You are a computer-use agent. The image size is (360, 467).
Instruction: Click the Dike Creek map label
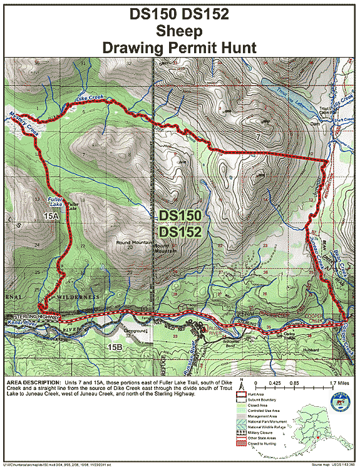coord(88,98)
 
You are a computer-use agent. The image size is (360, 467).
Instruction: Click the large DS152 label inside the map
coord(180,232)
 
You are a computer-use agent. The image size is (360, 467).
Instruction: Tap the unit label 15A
coord(51,215)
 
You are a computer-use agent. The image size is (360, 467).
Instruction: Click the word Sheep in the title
coord(180,31)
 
